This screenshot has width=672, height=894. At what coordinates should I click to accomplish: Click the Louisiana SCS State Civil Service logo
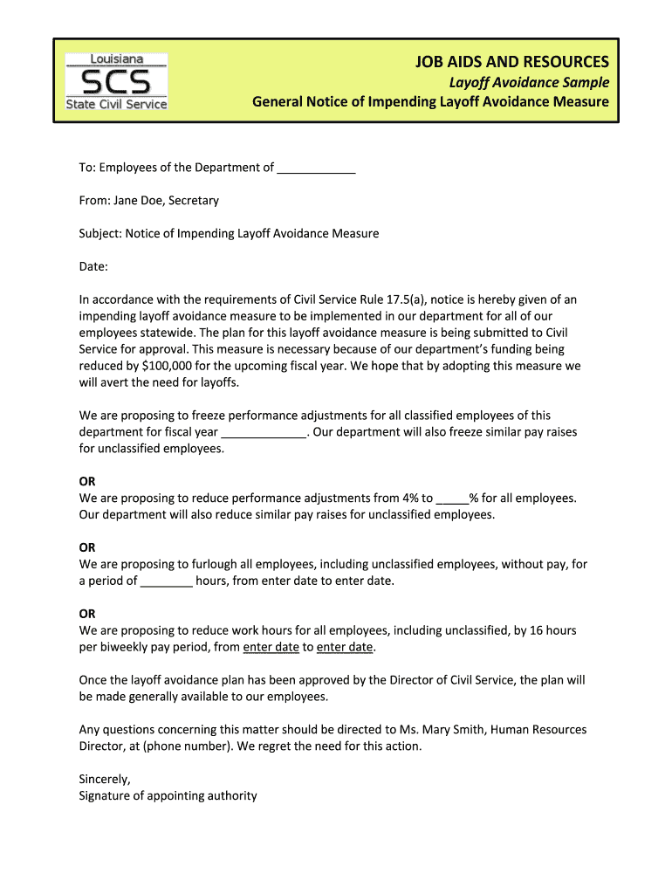pos(117,81)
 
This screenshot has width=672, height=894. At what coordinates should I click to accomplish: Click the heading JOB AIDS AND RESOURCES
pos(511,61)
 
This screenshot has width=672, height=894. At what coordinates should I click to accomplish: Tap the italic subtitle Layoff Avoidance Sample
pos(529,82)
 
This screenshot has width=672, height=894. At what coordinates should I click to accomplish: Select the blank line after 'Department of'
pos(316,168)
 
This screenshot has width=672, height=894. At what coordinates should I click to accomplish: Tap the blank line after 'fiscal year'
pos(264,432)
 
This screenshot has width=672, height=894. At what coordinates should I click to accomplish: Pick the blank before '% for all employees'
pos(452,499)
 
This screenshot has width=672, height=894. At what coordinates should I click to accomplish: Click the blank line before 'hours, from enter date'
pos(166,581)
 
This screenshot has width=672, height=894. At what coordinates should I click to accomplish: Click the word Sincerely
pos(105,779)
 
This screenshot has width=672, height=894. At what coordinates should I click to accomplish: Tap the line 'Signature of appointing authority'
pos(168,795)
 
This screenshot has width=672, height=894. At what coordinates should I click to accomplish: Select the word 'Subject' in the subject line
pos(99,233)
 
